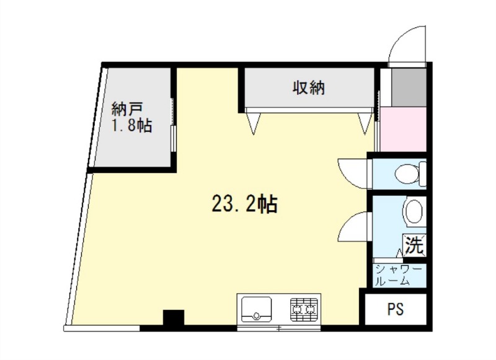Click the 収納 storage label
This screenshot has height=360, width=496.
point(309,88)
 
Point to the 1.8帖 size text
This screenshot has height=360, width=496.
point(131,126)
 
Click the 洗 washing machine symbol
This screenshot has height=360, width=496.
point(414,245)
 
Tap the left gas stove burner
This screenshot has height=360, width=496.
point(298,305)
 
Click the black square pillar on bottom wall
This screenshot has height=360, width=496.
point(174,318)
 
